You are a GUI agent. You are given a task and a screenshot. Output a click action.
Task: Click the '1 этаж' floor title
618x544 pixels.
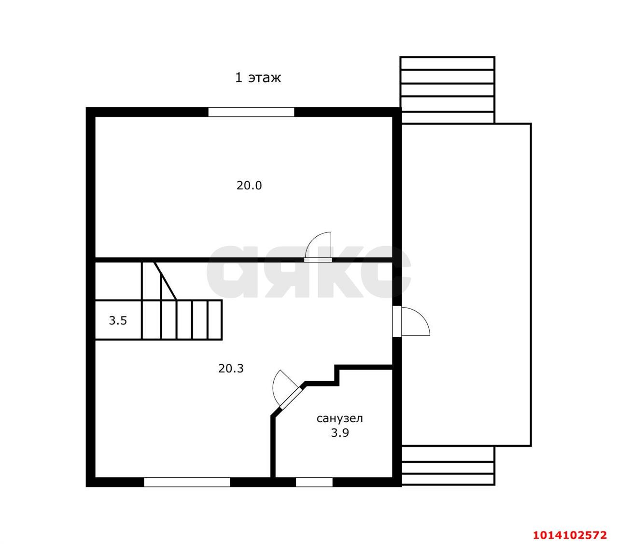tap(258, 77)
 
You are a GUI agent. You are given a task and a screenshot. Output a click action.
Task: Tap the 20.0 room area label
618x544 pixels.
tap(249, 186)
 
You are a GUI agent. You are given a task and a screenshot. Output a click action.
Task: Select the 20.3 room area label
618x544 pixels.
tap(231, 369)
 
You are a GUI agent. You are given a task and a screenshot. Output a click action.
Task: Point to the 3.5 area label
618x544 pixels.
tap(118, 320)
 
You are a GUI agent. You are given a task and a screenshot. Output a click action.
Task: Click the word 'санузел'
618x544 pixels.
tap(339, 418)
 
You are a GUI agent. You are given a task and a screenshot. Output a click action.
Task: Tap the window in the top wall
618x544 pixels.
tap(251, 112)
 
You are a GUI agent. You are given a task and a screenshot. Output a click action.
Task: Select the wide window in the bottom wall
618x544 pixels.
tap(187, 482)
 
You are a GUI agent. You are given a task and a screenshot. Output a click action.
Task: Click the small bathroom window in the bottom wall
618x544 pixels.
tap(314, 482)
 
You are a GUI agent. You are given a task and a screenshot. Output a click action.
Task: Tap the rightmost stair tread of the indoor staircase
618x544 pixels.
tap(214, 320)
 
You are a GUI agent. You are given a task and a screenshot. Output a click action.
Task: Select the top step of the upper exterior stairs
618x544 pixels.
tap(447, 63)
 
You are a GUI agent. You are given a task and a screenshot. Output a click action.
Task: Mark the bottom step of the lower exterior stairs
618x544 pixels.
tap(448, 480)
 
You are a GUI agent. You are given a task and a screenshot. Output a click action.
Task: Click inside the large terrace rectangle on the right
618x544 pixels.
tap(466, 285)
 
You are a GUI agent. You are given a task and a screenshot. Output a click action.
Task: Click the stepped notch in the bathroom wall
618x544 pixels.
tap(337, 375)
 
